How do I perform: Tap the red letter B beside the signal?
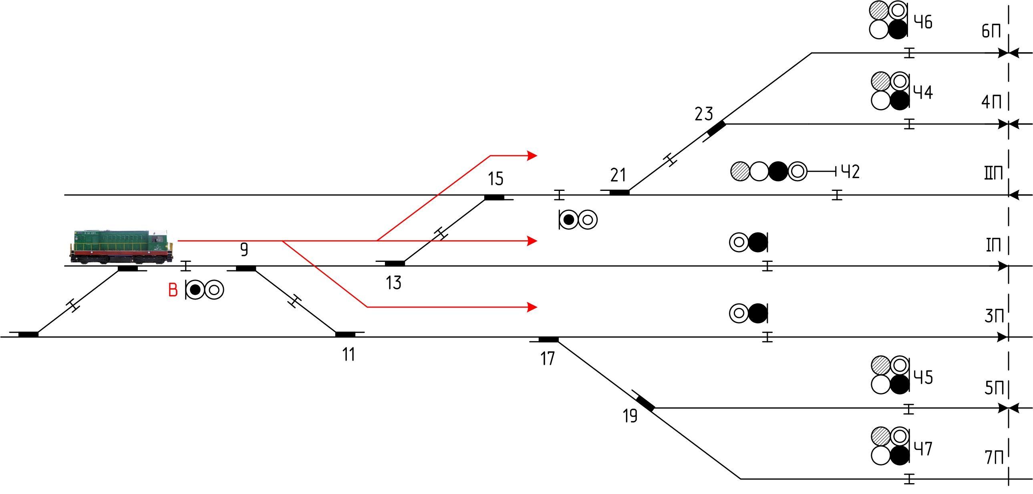(173, 290)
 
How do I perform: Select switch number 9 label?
(244, 250)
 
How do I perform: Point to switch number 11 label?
(348, 355)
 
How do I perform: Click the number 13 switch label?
(393, 283)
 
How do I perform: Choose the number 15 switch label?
(495, 178)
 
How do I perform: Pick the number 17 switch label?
(548, 359)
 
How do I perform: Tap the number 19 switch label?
(630, 416)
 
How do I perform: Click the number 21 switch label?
(618, 175)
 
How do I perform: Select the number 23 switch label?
(704, 114)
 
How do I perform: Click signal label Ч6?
(923, 22)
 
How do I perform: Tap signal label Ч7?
(923, 449)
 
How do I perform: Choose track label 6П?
(991, 31)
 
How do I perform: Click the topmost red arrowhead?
(532, 155)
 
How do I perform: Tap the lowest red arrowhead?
(532, 308)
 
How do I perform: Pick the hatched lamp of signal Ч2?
(740, 171)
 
